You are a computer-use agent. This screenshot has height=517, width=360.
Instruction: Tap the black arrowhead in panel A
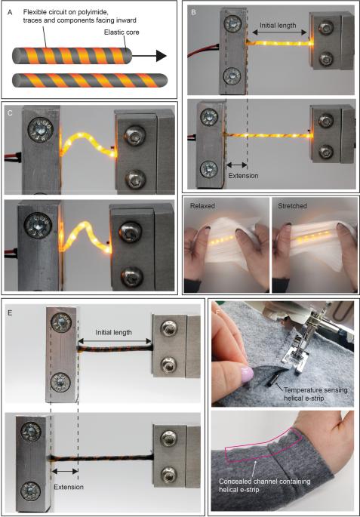pos(160,56)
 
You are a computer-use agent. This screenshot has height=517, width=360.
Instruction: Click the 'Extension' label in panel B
pos(243,175)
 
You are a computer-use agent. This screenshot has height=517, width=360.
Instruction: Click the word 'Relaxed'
pos(205,205)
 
